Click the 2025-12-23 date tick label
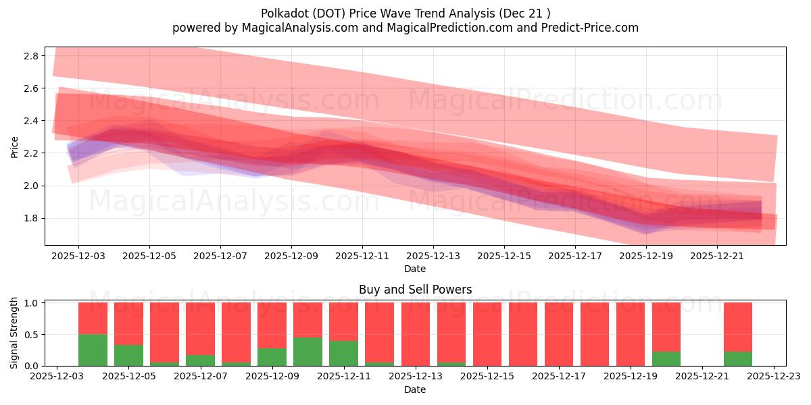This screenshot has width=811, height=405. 774,377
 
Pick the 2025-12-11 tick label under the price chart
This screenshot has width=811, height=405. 362,256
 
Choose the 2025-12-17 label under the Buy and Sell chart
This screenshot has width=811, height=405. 558,377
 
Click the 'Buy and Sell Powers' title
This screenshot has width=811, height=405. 415,290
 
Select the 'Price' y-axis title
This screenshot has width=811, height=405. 15,146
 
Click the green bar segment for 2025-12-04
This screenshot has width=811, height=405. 93,350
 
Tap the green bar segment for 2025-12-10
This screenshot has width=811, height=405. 308,352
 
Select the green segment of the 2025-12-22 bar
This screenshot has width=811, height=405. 738,358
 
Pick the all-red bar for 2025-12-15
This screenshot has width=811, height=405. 487,334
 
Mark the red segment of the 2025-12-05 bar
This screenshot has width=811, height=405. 128,323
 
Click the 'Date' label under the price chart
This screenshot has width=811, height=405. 415,269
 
